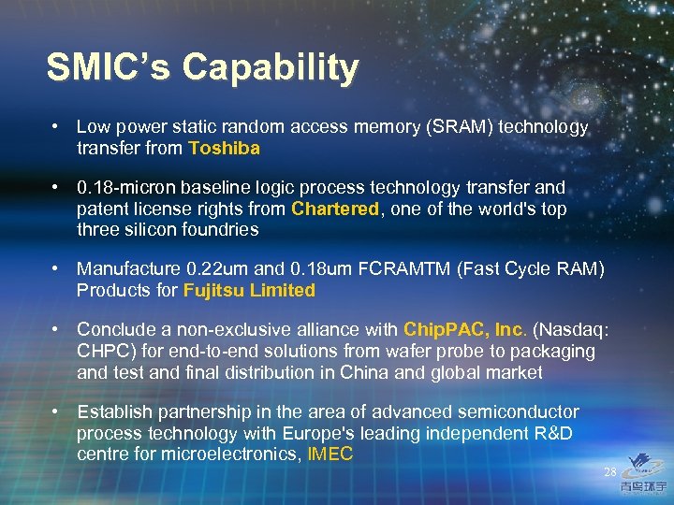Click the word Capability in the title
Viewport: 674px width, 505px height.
tap(271, 68)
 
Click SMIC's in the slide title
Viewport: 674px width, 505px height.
tap(108, 68)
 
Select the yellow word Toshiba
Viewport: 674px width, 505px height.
tap(224, 148)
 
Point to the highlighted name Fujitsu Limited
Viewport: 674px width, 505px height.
tap(249, 290)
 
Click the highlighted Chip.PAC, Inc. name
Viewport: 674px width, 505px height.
tap(463, 330)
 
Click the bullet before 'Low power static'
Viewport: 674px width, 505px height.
tap(57, 126)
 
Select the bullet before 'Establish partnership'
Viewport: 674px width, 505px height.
tap(57, 412)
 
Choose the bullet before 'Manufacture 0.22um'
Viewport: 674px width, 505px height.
tap(57, 269)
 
